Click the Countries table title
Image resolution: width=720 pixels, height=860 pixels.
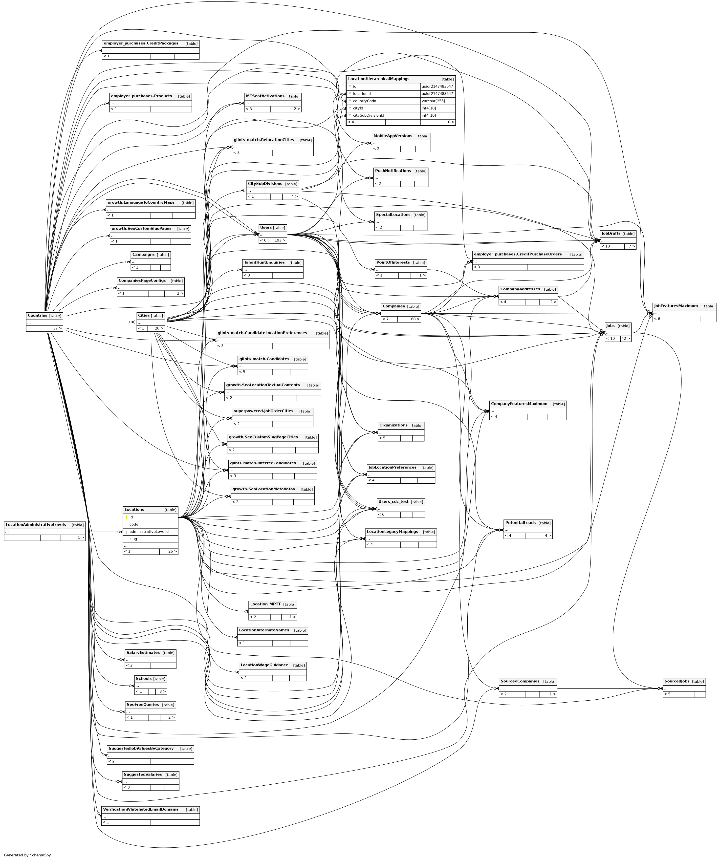37,316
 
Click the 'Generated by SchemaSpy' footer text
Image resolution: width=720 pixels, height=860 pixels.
27,855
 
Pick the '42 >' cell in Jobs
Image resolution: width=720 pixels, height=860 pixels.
625,339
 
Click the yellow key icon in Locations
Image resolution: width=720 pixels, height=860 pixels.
127,517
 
